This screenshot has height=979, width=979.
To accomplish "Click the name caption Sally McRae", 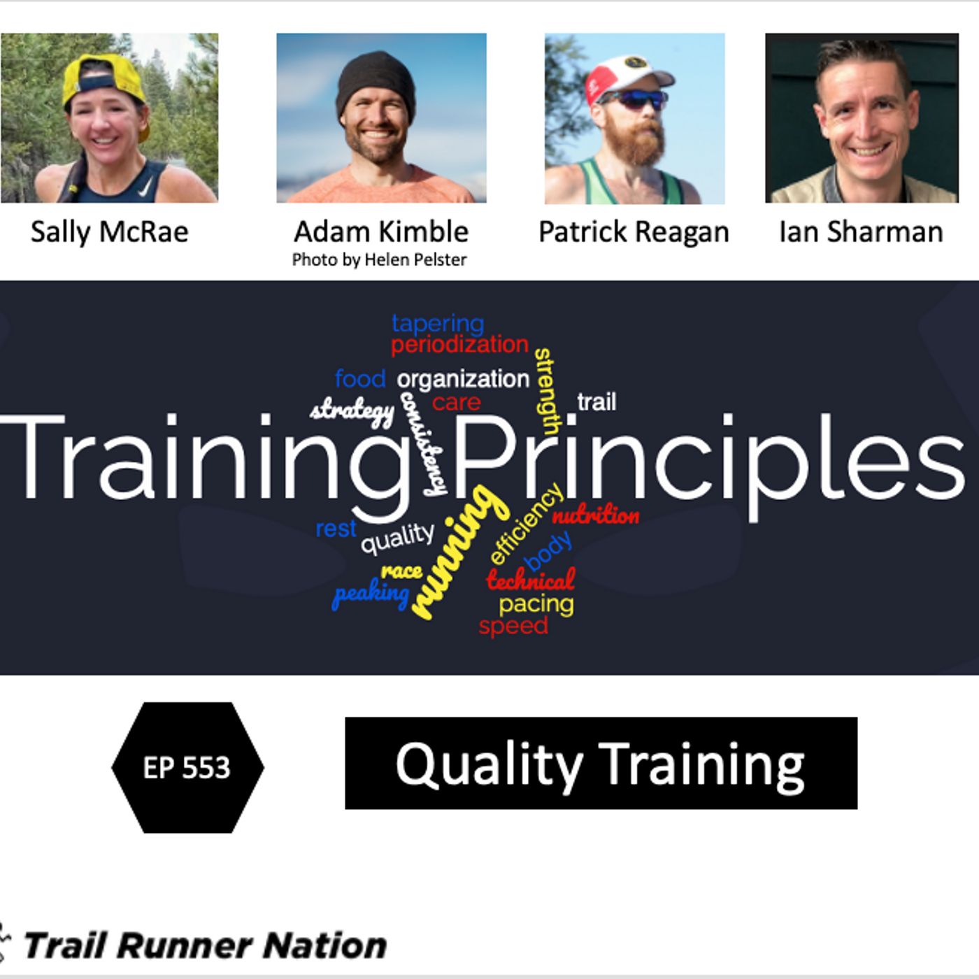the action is (109, 232).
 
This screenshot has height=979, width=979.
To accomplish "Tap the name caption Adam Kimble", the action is (381, 232).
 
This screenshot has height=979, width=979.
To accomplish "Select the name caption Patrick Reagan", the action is (634, 233).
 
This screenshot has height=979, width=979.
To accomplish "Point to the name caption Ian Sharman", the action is (861, 232).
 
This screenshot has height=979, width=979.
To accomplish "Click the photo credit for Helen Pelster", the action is (379, 260).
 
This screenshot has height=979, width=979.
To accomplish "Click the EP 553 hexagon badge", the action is (187, 768).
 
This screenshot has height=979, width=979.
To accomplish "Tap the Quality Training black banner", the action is (601, 764).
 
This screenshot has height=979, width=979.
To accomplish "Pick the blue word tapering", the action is (438, 324).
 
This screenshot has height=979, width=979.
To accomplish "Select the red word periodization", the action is (459, 345).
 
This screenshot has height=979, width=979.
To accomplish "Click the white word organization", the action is (463, 380).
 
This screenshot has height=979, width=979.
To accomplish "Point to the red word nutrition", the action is (595, 516).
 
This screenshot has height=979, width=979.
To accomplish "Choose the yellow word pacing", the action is (536, 605).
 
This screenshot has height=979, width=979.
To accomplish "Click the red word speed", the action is (513, 626).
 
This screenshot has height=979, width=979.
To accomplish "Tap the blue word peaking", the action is (371, 593).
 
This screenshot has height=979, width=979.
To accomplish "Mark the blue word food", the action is (360, 379).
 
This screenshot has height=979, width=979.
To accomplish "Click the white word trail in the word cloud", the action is (596, 402).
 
